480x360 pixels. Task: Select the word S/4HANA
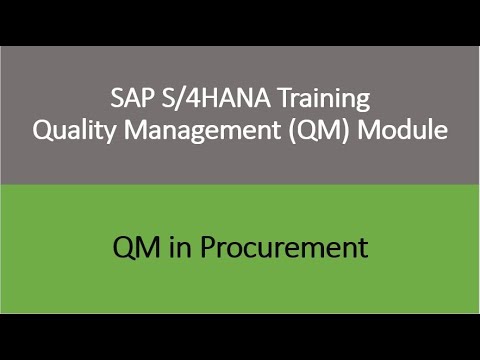click(216, 98)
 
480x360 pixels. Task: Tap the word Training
click(324, 99)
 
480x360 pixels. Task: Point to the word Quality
click(74, 130)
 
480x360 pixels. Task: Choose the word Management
click(202, 131)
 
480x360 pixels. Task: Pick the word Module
click(403, 129)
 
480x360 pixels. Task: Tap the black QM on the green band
click(136, 247)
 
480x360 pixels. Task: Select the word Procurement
click(284, 247)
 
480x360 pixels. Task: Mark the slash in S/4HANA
click(180, 98)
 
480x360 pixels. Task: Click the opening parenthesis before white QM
click(292, 130)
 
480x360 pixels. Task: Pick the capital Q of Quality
click(42, 130)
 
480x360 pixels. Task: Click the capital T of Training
click(286, 98)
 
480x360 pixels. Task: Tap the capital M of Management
click(136, 130)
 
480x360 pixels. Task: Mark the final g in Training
click(363, 102)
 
